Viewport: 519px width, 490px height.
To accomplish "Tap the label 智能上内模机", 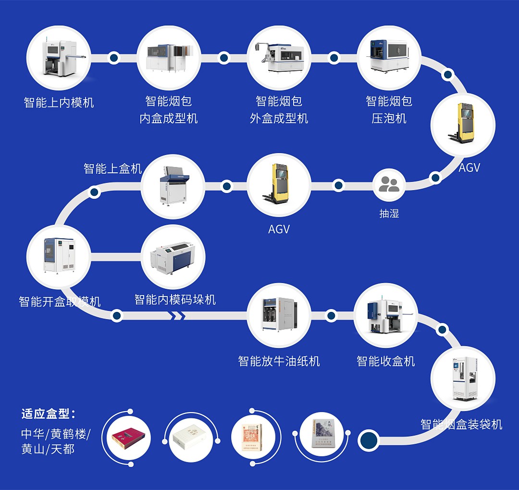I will point(59,103).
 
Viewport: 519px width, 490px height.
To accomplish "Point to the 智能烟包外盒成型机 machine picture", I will point(279,58).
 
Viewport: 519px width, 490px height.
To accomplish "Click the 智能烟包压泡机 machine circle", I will point(389,58).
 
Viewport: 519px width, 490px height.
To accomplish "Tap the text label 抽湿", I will point(389,214).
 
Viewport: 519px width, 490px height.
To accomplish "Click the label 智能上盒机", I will point(113,168).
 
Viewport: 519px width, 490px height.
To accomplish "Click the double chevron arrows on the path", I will point(178,316).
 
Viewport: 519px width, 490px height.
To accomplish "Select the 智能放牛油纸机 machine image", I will point(279,316).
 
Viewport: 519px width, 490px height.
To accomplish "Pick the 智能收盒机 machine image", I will point(385,316).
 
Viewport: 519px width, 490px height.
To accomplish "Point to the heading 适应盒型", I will point(48,414).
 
